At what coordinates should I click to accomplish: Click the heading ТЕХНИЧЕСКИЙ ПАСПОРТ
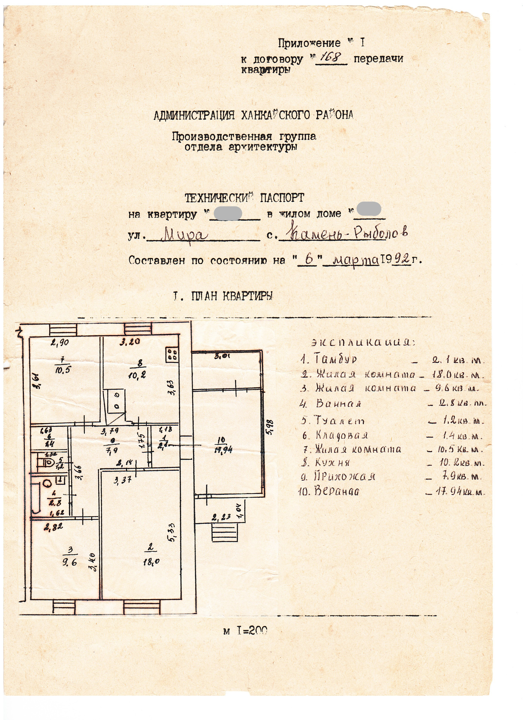click(244, 198)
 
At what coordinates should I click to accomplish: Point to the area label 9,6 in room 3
click(69, 562)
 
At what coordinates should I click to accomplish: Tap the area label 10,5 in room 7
click(62, 370)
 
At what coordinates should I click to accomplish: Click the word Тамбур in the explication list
click(336, 359)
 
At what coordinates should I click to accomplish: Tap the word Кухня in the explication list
click(333, 462)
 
